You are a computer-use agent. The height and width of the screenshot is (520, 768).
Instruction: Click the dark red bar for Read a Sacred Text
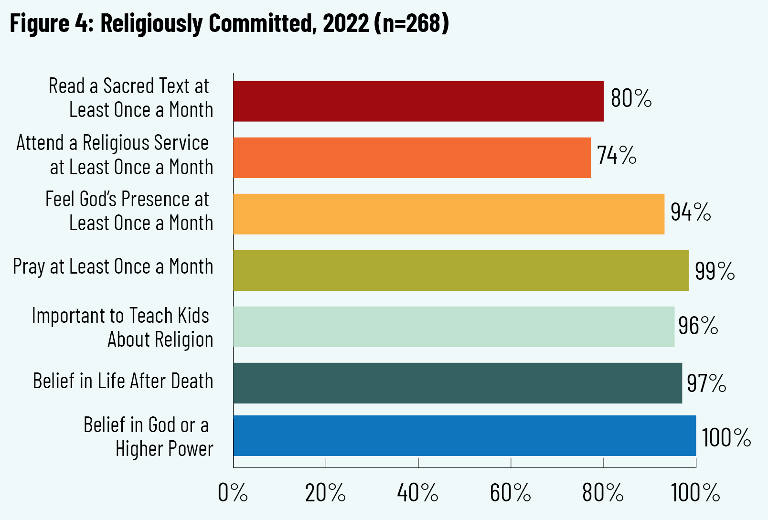point(418,101)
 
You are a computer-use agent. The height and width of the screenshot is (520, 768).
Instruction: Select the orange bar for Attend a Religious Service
point(412,158)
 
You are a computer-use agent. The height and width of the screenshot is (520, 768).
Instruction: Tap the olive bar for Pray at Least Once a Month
point(461,270)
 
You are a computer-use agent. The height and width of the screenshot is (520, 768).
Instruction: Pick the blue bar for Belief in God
point(464,435)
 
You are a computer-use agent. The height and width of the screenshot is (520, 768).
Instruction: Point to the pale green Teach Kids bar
point(454,327)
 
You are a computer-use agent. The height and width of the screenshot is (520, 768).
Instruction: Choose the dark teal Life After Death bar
point(458,383)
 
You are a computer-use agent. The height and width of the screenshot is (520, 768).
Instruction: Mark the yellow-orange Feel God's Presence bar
point(448,214)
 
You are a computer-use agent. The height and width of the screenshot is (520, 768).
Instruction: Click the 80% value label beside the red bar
point(631,98)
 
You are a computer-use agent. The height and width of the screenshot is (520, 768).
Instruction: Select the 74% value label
point(617,155)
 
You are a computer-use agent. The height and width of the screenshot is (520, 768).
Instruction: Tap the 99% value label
point(715,271)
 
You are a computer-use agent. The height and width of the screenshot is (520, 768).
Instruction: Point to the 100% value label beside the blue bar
point(726,437)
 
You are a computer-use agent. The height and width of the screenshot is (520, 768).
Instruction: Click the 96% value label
point(698,326)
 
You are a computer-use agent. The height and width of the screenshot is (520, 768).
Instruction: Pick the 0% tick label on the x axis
point(233,493)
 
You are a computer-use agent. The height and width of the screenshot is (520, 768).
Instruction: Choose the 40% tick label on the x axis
point(418,493)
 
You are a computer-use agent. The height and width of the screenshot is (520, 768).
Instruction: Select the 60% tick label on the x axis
point(510,493)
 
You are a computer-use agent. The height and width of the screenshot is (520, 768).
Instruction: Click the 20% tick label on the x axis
point(325,493)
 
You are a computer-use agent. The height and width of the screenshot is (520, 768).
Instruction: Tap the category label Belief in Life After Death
point(123,381)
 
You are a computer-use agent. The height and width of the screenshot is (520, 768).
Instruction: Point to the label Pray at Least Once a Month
point(113,267)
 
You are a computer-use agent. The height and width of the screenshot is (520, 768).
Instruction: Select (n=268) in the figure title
point(412,23)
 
